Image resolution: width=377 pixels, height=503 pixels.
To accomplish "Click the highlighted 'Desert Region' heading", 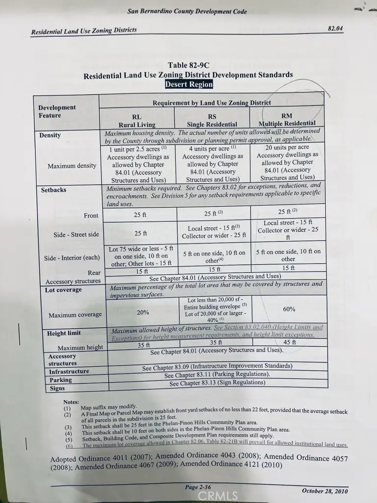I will click(x=189, y=84).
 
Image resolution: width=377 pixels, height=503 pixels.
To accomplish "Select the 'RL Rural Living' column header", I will click(x=136, y=121).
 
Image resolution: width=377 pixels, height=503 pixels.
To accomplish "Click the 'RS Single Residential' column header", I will click(x=212, y=121).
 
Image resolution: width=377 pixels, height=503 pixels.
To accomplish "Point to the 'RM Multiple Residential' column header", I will click(x=287, y=119).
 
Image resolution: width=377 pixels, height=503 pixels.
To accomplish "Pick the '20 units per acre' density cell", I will click(x=287, y=147).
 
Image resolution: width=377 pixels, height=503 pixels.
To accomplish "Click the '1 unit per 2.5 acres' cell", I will click(x=138, y=149).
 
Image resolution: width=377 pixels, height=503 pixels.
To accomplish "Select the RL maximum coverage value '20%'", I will click(x=143, y=312).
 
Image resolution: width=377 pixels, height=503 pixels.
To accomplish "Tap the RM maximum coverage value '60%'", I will click(x=289, y=309).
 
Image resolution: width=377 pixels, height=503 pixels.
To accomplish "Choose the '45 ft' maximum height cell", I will click(x=290, y=342).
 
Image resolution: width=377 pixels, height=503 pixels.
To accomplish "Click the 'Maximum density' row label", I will click(x=72, y=166).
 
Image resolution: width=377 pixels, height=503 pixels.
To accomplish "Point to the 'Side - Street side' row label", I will click(x=76, y=235).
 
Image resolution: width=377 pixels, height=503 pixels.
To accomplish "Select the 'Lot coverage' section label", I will click(x=64, y=290).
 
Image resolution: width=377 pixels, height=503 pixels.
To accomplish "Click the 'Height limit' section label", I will click(x=64, y=333).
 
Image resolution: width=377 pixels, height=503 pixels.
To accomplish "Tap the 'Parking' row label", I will click(x=60, y=380).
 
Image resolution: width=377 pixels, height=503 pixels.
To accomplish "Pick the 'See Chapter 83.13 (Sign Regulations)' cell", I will click(x=217, y=383).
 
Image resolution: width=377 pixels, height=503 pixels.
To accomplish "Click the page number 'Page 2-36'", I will click(x=198, y=487).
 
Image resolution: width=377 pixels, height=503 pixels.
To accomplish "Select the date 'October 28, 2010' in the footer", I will click(x=325, y=491).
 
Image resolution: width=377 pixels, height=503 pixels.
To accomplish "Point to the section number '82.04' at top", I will click(x=335, y=28).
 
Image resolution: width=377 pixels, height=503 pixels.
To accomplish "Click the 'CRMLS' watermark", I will click(x=217, y=496).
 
